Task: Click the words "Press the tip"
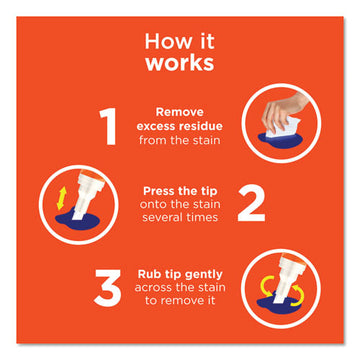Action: (180, 190)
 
